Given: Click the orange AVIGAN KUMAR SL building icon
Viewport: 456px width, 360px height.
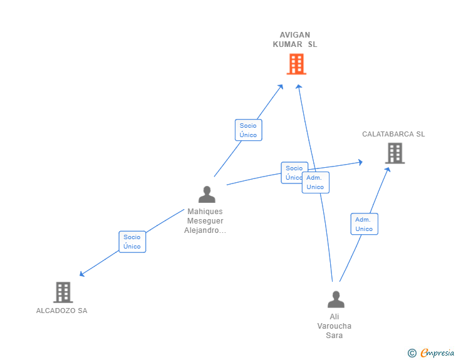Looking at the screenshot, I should pos(296,64).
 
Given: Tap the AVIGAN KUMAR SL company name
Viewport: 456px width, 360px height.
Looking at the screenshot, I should pos(295,39).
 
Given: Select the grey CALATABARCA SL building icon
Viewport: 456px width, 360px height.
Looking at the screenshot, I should pos(395,153).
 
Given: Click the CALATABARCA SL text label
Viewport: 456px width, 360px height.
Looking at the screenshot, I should pos(393,134).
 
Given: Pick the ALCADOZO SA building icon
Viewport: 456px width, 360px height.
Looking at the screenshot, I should pos(63,292).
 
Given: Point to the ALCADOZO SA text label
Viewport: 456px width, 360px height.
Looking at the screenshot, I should pos(61,311).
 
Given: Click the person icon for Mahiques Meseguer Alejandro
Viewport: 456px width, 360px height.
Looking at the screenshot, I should pos(207,195).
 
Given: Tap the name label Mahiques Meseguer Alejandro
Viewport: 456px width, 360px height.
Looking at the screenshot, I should pos(205,221).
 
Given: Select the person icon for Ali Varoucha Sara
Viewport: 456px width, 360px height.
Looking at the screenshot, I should pos(336,300).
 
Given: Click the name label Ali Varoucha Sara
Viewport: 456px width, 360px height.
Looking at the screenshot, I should pos(334,326).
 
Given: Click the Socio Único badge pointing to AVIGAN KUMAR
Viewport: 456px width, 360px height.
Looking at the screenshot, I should pos(248,130).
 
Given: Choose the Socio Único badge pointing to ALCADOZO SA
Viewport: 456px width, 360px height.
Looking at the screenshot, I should pos(132,242).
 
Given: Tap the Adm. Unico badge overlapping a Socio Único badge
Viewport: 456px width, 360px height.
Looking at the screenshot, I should pos(316,182).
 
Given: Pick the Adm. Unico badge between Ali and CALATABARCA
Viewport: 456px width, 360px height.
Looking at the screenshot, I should pos(364,224).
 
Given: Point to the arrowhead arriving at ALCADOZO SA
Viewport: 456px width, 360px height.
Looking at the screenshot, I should pos(81,274).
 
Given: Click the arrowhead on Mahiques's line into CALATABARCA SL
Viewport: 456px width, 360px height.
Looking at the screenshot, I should pos(360,162).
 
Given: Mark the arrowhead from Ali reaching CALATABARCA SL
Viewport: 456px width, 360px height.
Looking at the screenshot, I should pos(388,169).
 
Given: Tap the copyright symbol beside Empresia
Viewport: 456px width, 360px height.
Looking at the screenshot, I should pos(412,353).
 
